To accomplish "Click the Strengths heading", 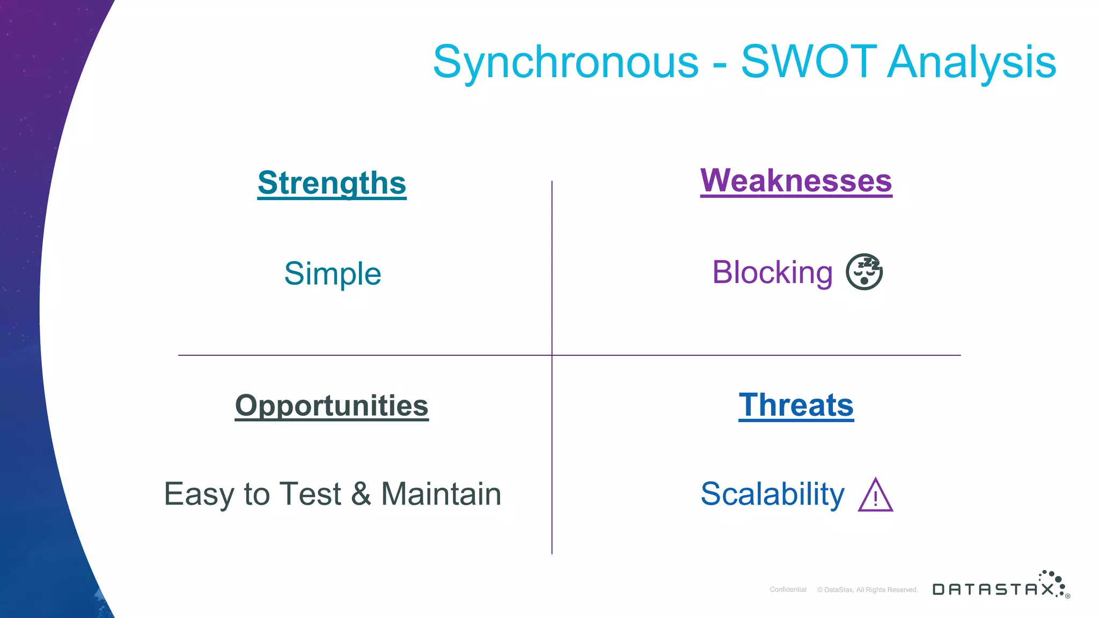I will click(332, 183).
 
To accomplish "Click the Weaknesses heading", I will click(796, 181).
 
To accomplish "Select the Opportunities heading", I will click(332, 406).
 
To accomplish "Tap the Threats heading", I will click(796, 405).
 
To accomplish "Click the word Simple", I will click(332, 274).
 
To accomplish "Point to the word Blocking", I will click(772, 273).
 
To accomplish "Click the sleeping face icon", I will click(864, 272).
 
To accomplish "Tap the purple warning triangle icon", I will click(875, 496).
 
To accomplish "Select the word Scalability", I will click(772, 494).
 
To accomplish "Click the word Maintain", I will click(441, 494).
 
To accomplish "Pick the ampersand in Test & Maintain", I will click(361, 494).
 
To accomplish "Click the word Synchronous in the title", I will click(566, 62).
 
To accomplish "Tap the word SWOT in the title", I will click(809, 62).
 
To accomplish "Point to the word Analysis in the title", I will click(972, 62).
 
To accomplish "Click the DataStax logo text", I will click(993, 590).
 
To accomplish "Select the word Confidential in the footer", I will click(788, 590).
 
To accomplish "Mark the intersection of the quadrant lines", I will click(552, 355).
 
